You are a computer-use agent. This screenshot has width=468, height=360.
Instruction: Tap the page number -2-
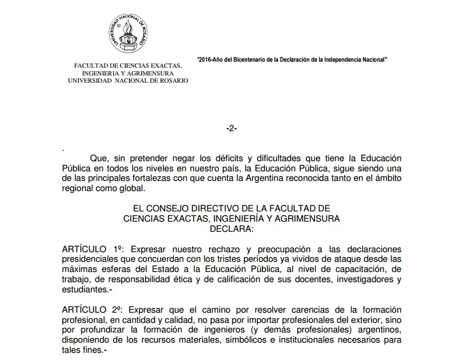pos(231,129)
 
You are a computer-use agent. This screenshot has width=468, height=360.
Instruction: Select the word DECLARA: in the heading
pos(231,228)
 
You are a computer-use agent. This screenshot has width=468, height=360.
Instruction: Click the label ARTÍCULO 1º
pos(92,248)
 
